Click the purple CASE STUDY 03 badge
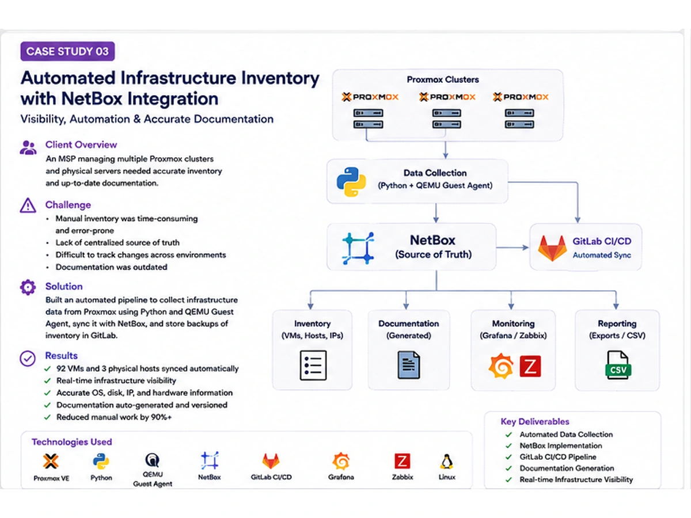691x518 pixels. [x=67, y=51]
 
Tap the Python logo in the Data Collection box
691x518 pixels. [x=351, y=182]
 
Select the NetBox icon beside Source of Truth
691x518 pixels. [x=358, y=248]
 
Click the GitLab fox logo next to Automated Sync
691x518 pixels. [x=552, y=248]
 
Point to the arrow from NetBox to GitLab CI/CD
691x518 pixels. [x=512, y=248]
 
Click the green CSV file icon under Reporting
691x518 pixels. [x=618, y=365]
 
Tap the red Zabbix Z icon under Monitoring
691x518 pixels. [x=530, y=366]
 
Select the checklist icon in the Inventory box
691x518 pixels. [x=313, y=365]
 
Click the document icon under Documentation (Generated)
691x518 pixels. [x=409, y=365]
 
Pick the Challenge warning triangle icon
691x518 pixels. [x=28, y=205]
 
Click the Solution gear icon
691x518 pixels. [x=28, y=287]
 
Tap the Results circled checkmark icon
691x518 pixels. [x=28, y=359]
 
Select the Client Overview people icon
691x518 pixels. [x=28, y=147]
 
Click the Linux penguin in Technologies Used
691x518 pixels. [x=447, y=462]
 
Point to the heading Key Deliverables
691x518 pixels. [x=535, y=421]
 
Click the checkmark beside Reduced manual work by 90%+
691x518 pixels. [x=48, y=417]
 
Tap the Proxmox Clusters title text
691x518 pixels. [x=443, y=79]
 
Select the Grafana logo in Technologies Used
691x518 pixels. [x=341, y=462]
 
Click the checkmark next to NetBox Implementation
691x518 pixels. [x=508, y=445]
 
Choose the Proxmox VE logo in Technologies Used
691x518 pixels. [x=51, y=462]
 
